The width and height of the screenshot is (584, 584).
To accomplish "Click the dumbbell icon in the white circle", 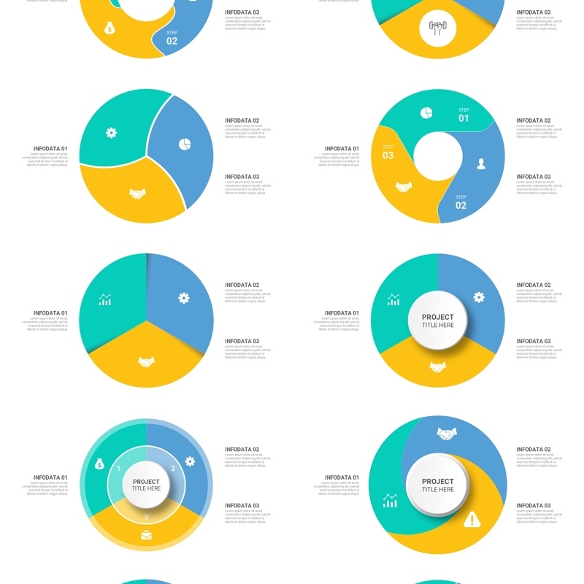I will [x=438, y=28].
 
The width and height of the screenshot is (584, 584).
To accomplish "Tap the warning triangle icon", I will [x=472, y=520].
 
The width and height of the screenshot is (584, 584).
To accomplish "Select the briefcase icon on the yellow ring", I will [x=146, y=535].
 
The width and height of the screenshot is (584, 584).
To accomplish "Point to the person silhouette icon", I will [x=481, y=164].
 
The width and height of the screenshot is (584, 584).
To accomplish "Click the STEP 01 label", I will [x=464, y=115].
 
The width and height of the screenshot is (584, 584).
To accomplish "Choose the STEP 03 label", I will [x=388, y=153].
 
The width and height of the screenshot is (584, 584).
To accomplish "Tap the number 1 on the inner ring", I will [x=119, y=468].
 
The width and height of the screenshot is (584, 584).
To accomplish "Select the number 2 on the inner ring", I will [x=173, y=468].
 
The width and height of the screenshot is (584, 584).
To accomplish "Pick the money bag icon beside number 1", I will [x=100, y=464].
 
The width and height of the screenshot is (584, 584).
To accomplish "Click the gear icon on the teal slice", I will [x=111, y=133].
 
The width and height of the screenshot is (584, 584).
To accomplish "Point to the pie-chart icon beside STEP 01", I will [x=426, y=112].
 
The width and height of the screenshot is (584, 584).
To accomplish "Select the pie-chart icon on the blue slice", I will [x=184, y=145].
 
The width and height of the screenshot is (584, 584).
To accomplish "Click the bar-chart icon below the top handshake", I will [x=391, y=501].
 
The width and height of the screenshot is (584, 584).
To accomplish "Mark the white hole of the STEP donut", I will [x=438, y=156].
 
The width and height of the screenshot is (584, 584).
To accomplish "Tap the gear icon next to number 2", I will [x=191, y=461].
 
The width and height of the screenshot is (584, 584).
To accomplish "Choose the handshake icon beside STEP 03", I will [x=404, y=188].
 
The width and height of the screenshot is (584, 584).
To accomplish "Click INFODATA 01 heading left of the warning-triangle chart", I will [x=342, y=477].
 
